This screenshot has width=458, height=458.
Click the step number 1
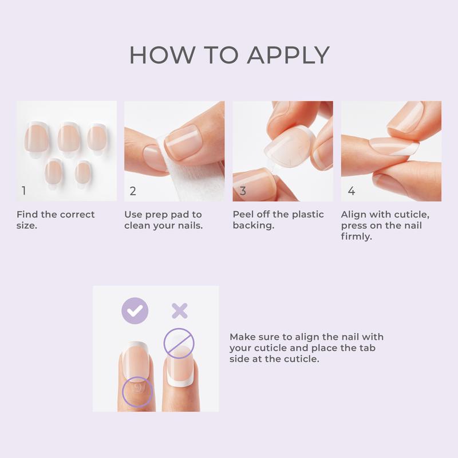click(23, 191)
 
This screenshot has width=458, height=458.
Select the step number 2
click(133, 191)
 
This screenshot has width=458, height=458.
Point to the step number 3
click(243, 191)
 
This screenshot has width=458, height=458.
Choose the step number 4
click(351, 191)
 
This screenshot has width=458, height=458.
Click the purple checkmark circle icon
click(135, 311)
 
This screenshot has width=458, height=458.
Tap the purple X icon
click(180, 311)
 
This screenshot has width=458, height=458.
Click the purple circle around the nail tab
click(137, 390)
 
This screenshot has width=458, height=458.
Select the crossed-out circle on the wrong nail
click(179, 343)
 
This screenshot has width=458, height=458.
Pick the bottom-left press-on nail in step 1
click(54, 171)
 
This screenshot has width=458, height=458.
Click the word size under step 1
click(26, 226)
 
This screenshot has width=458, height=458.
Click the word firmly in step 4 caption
click(357, 236)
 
